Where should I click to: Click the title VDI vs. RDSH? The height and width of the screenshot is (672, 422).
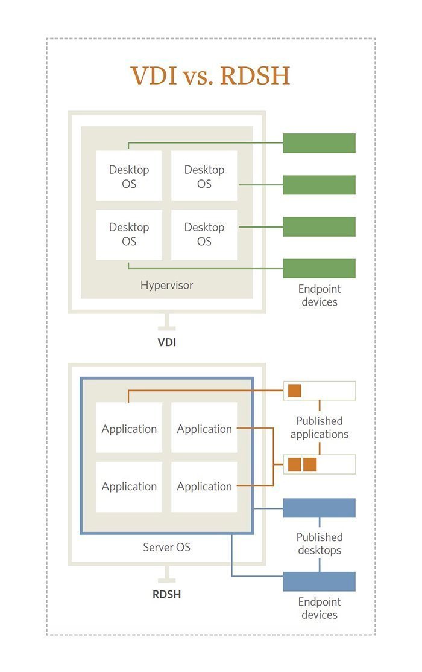point(210,77)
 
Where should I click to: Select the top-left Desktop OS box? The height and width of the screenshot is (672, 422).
point(129,176)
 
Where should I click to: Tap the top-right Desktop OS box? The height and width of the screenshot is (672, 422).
point(204,176)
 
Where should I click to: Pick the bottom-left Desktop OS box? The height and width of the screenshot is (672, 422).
point(129,234)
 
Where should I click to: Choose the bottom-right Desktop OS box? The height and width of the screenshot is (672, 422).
point(204,234)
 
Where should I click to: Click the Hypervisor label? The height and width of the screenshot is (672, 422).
point(166,285)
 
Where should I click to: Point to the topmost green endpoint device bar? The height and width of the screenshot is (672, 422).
point(319,143)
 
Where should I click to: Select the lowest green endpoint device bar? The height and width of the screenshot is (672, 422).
point(319,268)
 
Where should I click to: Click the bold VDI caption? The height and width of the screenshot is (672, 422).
point(166,342)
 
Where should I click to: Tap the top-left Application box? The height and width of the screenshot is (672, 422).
point(129,429)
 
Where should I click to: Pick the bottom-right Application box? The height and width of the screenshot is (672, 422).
point(204,486)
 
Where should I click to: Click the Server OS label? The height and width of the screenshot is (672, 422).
point(166,547)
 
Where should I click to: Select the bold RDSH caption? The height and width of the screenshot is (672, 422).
point(166,594)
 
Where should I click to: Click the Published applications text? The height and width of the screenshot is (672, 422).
point(319,427)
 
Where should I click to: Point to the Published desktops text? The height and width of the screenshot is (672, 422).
point(319,543)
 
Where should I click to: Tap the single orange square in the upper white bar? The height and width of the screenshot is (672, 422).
point(294,391)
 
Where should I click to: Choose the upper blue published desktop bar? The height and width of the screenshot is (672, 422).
point(319,508)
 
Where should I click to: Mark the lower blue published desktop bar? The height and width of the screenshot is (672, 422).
point(319,581)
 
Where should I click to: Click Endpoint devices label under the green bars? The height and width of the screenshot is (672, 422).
point(319,295)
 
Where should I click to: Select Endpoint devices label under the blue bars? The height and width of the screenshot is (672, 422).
point(319,608)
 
